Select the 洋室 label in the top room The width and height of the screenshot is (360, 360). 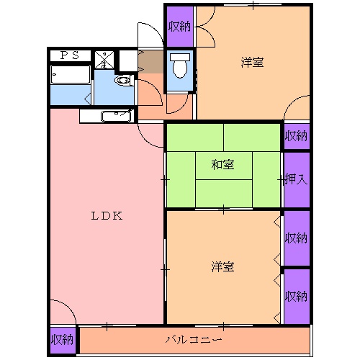(252, 63)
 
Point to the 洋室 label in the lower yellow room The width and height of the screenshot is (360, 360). (222, 267)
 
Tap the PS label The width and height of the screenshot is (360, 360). (70, 55)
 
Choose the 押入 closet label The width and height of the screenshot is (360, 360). (296, 179)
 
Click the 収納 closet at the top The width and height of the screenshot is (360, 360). (179, 26)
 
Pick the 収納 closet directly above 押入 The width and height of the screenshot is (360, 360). (296, 135)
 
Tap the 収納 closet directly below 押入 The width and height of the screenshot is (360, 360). (296, 237)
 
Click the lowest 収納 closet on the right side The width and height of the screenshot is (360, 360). (296, 295)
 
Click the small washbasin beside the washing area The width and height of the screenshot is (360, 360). (123, 81)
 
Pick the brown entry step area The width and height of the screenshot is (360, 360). (152, 63)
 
